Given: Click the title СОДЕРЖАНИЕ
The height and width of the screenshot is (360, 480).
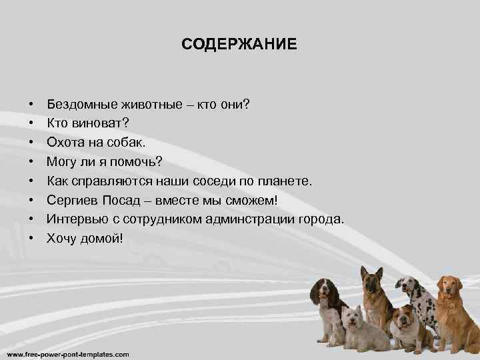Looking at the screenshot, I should click(239, 45).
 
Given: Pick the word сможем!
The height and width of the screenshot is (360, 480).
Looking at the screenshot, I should click(261, 200).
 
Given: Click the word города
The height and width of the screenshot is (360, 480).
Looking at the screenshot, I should click(323, 219).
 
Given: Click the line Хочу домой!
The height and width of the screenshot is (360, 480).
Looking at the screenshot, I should click(85, 238).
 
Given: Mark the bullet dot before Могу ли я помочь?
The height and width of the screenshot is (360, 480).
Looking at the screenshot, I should click(31, 162).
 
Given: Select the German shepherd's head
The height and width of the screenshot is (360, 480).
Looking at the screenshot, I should click(371, 280).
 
